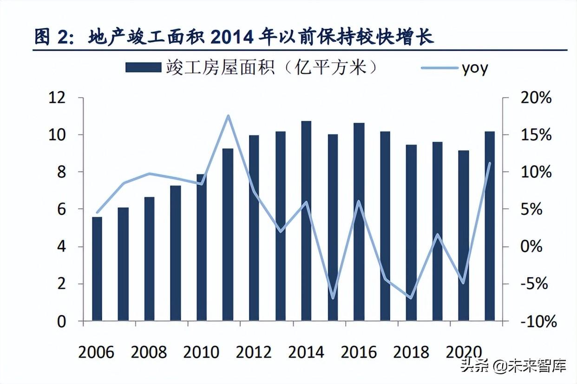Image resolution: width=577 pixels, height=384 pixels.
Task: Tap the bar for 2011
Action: click(x=228, y=235)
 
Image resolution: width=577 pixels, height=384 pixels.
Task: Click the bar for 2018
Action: click(x=411, y=232)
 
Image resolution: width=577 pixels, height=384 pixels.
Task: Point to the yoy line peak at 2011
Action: click(x=228, y=116)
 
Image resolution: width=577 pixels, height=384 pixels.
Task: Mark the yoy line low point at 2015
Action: click(x=333, y=298)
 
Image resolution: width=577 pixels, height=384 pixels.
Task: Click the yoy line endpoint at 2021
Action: click(x=490, y=163)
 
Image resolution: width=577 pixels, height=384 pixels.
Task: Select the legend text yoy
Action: click(x=475, y=68)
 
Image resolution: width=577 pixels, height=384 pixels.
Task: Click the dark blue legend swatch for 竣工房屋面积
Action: click(x=142, y=68)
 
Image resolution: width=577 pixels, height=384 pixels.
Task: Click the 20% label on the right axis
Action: click(x=535, y=98)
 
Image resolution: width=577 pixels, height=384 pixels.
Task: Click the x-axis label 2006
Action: click(x=96, y=352)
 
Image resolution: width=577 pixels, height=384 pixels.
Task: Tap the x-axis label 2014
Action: click(x=306, y=352)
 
